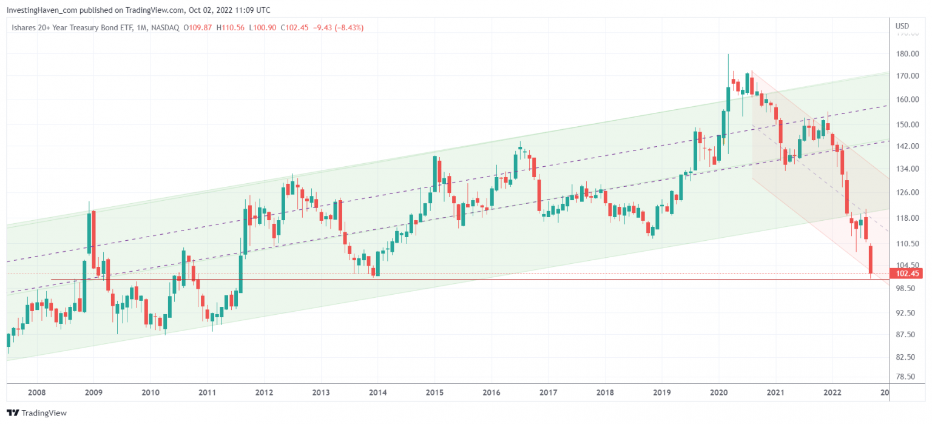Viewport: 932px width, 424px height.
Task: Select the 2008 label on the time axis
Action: pyautogui.click(x=36, y=392)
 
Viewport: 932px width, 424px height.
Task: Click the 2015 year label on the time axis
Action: pyautogui.click(x=434, y=392)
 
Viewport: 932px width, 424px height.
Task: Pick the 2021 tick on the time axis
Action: pyautogui.click(x=775, y=392)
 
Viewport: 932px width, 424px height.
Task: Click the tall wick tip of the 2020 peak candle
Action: pyautogui.click(x=728, y=55)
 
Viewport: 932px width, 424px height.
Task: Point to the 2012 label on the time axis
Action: pyautogui.click(x=263, y=392)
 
